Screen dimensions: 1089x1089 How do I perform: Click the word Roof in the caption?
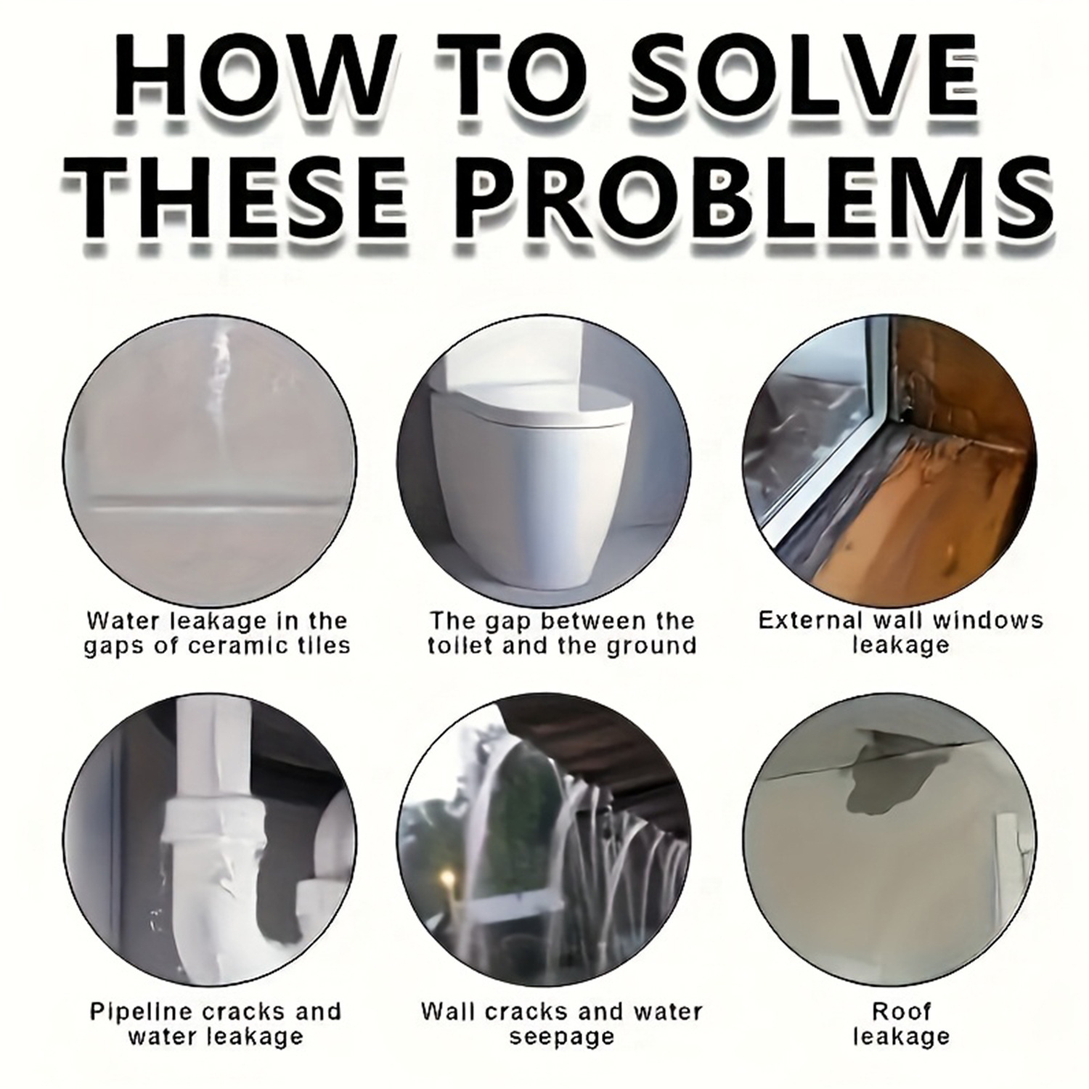tap(901, 1011)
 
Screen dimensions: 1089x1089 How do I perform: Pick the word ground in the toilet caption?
tap(654, 647)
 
